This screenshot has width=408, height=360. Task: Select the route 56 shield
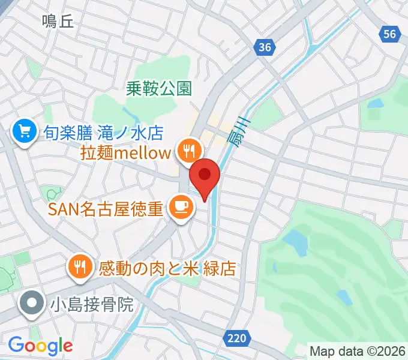(x=390, y=34)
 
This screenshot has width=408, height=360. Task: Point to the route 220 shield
(x=237, y=339)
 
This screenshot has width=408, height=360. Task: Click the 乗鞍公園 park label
(x=159, y=89)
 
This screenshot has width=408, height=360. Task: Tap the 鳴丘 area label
(x=58, y=22)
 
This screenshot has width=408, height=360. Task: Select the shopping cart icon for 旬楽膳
(x=24, y=131)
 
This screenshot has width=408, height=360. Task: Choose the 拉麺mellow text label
(x=125, y=152)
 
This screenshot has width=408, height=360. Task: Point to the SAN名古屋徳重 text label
(x=105, y=209)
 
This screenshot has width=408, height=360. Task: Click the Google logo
(x=40, y=345)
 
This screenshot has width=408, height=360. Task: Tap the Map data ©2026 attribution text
(x=356, y=350)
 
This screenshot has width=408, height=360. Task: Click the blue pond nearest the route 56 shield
(x=376, y=103)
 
